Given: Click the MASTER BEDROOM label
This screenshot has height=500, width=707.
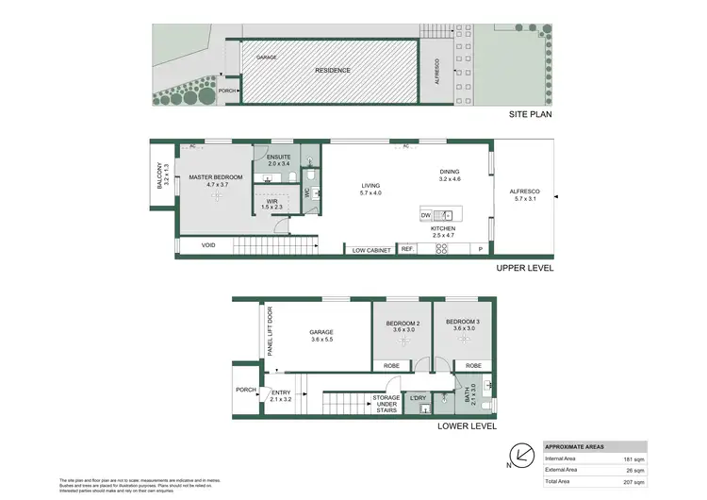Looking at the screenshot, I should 216,177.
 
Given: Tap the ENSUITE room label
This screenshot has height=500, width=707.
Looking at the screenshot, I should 279,158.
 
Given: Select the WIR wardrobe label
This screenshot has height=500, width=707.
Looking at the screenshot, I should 271,202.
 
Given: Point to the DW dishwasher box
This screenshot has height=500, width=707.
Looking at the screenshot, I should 426,215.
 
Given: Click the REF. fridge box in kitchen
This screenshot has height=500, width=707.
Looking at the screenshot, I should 407,249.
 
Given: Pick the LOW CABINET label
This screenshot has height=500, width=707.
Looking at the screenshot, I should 371,249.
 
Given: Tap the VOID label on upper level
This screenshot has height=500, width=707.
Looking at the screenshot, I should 210,246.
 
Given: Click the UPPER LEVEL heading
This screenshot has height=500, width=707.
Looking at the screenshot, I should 524,268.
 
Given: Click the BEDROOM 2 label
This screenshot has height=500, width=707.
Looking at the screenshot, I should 402,325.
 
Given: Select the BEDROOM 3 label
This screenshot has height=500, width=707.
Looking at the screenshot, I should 464,325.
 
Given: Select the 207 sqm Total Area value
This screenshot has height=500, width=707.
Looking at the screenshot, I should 633,480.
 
